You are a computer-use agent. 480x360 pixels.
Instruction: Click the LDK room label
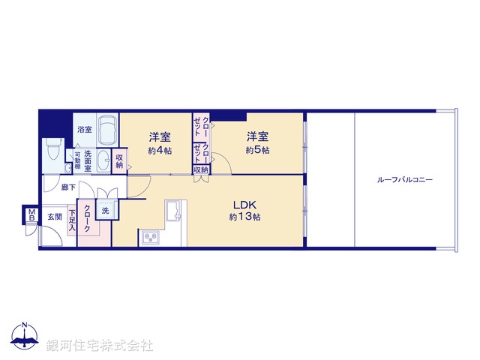(245, 204)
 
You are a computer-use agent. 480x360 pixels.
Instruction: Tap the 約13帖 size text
(245, 217)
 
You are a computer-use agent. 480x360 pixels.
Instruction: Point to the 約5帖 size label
(257, 150)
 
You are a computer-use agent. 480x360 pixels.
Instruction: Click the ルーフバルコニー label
(406, 180)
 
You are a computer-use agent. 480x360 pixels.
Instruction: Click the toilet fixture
(52, 150)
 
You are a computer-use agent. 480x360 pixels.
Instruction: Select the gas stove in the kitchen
(148, 238)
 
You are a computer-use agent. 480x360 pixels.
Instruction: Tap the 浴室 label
(85, 130)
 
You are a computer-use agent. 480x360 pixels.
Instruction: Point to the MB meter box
(31, 216)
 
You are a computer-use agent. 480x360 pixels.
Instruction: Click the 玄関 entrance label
(55, 216)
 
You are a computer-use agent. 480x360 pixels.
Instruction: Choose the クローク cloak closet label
(88, 218)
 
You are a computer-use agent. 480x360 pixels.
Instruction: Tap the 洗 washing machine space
(106, 211)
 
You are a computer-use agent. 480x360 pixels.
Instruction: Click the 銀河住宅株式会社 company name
(99, 346)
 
